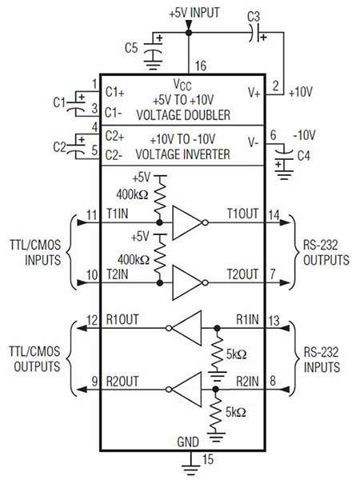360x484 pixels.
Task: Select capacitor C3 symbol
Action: (255, 34)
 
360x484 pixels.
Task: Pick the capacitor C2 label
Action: (58, 146)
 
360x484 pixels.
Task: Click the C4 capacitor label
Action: (303, 155)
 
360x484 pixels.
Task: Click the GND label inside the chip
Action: (190, 441)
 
